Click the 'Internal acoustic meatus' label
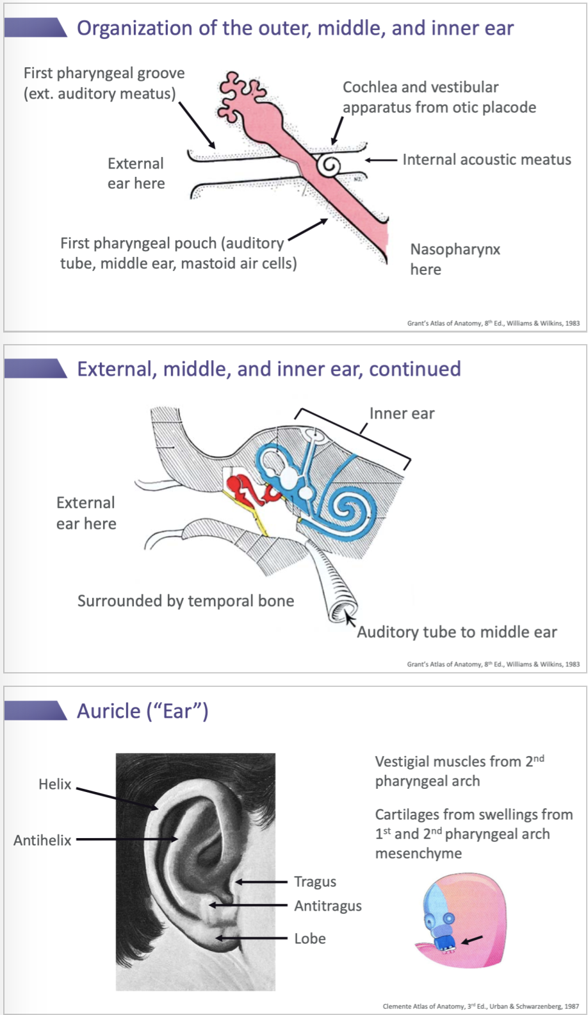(486, 160)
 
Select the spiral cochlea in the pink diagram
(329, 165)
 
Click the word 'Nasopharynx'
(455, 249)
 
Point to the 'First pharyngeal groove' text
(104, 73)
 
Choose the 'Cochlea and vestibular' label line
(420, 87)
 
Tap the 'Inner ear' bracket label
(402, 414)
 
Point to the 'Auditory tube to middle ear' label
(457, 632)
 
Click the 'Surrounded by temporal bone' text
(186, 601)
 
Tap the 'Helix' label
(55, 784)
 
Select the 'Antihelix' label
(43, 840)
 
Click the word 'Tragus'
(315, 882)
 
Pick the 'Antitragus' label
(328, 906)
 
